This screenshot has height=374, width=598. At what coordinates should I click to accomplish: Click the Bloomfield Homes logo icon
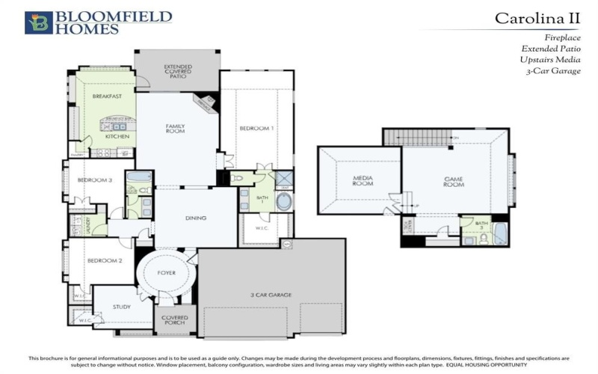(38, 22)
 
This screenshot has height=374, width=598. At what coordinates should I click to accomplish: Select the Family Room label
(175, 129)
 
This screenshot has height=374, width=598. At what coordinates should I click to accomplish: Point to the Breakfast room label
(107, 96)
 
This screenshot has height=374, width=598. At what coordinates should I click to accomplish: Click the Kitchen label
(117, 137)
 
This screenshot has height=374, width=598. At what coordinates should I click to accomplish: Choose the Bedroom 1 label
(256, 129)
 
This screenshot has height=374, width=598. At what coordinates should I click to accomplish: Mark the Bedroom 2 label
(104, 260)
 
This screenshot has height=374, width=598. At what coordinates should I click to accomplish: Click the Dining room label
(195, 218)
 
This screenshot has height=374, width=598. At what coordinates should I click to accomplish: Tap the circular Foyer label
(167, 273)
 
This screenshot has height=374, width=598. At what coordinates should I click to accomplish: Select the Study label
(122, 307)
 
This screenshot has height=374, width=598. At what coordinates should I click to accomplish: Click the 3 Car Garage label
(270, 295)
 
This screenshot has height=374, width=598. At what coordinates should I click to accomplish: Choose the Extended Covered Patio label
(177, 71)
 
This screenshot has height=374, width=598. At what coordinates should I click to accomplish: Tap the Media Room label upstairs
(363, 180)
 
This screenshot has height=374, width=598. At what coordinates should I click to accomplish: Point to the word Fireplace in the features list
(561, 36)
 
